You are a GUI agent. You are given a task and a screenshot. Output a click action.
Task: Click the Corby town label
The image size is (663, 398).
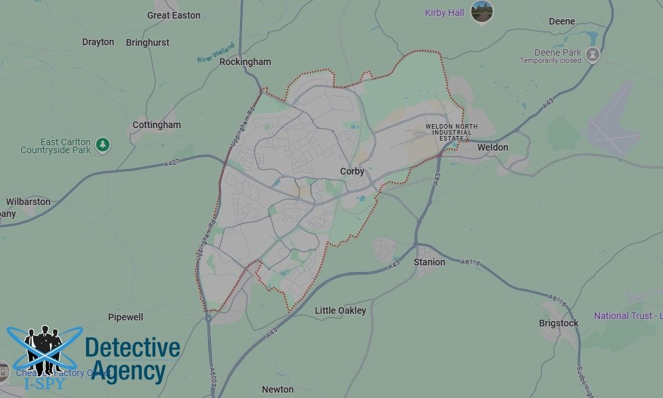pyautogui.click(x=352, y=171)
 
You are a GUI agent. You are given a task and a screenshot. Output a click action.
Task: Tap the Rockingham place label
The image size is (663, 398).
pyautogui.click(x=245, y=62)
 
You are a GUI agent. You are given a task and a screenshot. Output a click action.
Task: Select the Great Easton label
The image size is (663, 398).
pyautogui.click(x=174, y=15)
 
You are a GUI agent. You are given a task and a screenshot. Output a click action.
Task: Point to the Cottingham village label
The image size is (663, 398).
pyautogui.click(x=156, y=125)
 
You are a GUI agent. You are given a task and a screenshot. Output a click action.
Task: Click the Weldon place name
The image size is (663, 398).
pyautogui.click(x=493, y=147)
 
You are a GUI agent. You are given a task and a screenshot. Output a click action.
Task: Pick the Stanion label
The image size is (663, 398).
pyautogui.click(x=430, y=262)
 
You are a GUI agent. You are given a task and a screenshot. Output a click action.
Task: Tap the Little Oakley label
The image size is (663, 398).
pyautogui.click(x=340, y=310)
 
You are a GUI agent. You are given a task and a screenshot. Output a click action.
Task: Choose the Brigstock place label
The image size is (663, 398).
pyautogui.click(x=558, y=323)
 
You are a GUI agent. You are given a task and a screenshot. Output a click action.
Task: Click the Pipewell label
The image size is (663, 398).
pyautogui.click(x=125, y=317)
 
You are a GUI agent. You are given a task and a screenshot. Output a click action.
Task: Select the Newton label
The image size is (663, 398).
pyautogui.click(x=278, y=389)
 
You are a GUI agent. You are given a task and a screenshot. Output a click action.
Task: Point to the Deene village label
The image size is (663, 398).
pyautogui.click(x=562, y=21)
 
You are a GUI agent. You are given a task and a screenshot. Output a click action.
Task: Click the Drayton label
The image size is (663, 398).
pyautogui.click(x=98, y=42)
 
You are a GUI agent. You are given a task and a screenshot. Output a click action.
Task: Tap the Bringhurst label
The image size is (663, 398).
pyautogui.click(x=147, y=42)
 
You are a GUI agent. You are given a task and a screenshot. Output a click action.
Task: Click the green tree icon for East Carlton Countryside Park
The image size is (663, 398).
pyautogui.click(x=102, y=143)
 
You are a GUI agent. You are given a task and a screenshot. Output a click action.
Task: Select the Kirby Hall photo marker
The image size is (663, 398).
pyautogui.click(x=482, y=11)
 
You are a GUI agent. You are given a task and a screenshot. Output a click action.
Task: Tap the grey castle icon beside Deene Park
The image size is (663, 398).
pyautogui.click(x=593, y=55)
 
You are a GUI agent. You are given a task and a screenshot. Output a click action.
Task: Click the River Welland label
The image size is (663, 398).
pyautogui.click(x=215, y=55)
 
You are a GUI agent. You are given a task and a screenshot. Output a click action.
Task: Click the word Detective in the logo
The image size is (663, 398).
pyautogui.click(x=133, y=348)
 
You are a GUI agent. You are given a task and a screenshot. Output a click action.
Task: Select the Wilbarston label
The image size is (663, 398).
pyautogui.click(x=28, y=202)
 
